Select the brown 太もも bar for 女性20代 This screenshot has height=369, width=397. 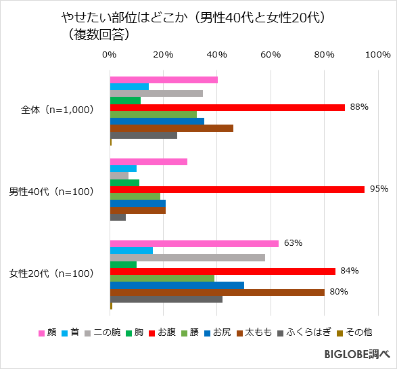pos(217,292)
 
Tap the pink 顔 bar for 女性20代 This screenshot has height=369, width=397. pos(194,244)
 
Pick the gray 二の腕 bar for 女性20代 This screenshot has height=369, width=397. pos(187,257)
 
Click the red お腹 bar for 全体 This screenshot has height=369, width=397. pos(227,108)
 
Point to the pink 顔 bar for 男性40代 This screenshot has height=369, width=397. pos(148,162)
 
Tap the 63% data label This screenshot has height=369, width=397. pos(292,243)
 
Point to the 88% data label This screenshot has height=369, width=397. pos(358,107)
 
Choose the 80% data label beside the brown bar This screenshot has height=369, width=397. pos(338,292)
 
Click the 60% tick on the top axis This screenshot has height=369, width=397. pos(271,55)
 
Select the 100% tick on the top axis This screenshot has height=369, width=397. pos(377,55)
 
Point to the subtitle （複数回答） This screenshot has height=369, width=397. pos(97,34)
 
